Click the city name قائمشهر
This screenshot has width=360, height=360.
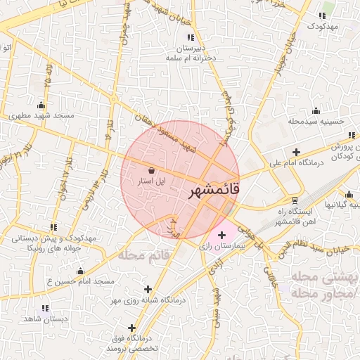click(x=215, y=191)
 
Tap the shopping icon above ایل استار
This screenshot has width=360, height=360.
click(x=153, y=169)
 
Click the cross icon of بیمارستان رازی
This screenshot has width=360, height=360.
click(x=222, y=235)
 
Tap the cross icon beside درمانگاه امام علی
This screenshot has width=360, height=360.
click(x=296, y=152)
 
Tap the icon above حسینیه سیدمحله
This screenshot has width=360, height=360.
click(x=316, y=110)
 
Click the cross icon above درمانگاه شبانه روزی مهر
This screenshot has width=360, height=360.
click(x=148, y=289)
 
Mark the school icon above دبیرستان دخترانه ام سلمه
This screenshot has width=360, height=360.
click(x=192, y=37)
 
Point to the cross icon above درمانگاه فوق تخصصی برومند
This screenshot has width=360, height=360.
click(x=131, y=327)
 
